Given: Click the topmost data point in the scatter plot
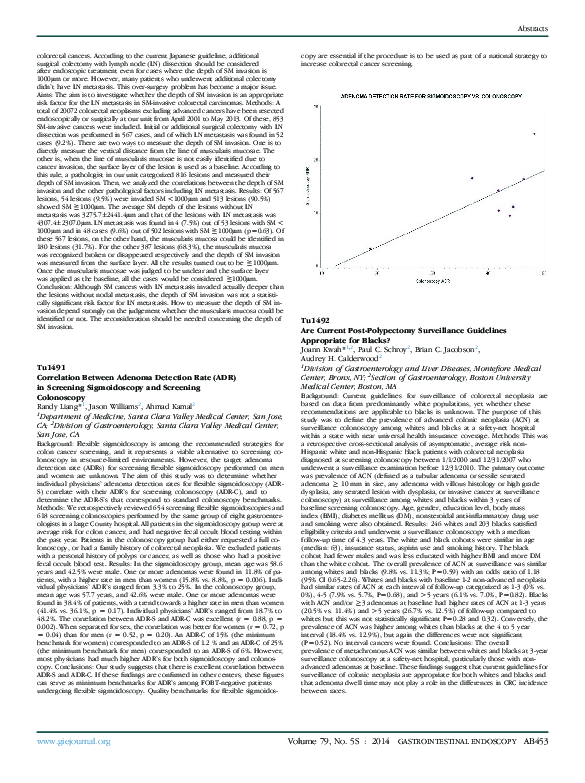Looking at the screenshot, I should pyautogui.click(x=534, y=134).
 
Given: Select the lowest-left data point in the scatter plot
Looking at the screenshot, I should pyautogui.click(x=371, y=248).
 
